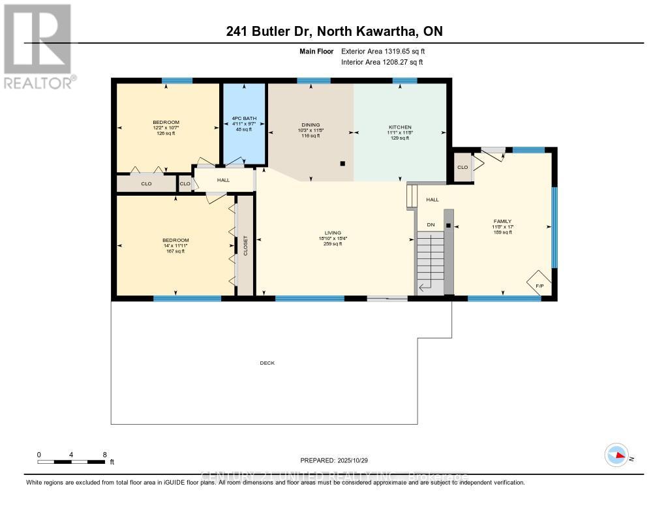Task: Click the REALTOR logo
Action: pos(38,46)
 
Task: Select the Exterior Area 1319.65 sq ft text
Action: pos(383,51)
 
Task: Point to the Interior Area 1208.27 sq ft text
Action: pos(382,62)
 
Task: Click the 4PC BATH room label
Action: pos(244,118)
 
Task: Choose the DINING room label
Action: pos(311,126)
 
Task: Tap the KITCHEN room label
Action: pos(399,127)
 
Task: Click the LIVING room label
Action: pos(333,233)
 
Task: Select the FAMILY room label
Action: pos(502,221)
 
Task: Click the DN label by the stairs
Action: pos(431,224)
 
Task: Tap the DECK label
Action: pos(267,363)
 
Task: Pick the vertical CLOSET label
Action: pos(246,246)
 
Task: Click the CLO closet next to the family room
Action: pos(463,167)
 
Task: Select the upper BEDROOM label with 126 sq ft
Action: pos(166,122)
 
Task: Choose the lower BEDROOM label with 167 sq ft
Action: pos(175,240)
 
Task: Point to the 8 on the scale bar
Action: pos(104,455)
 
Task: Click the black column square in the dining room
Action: pos(342,164)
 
